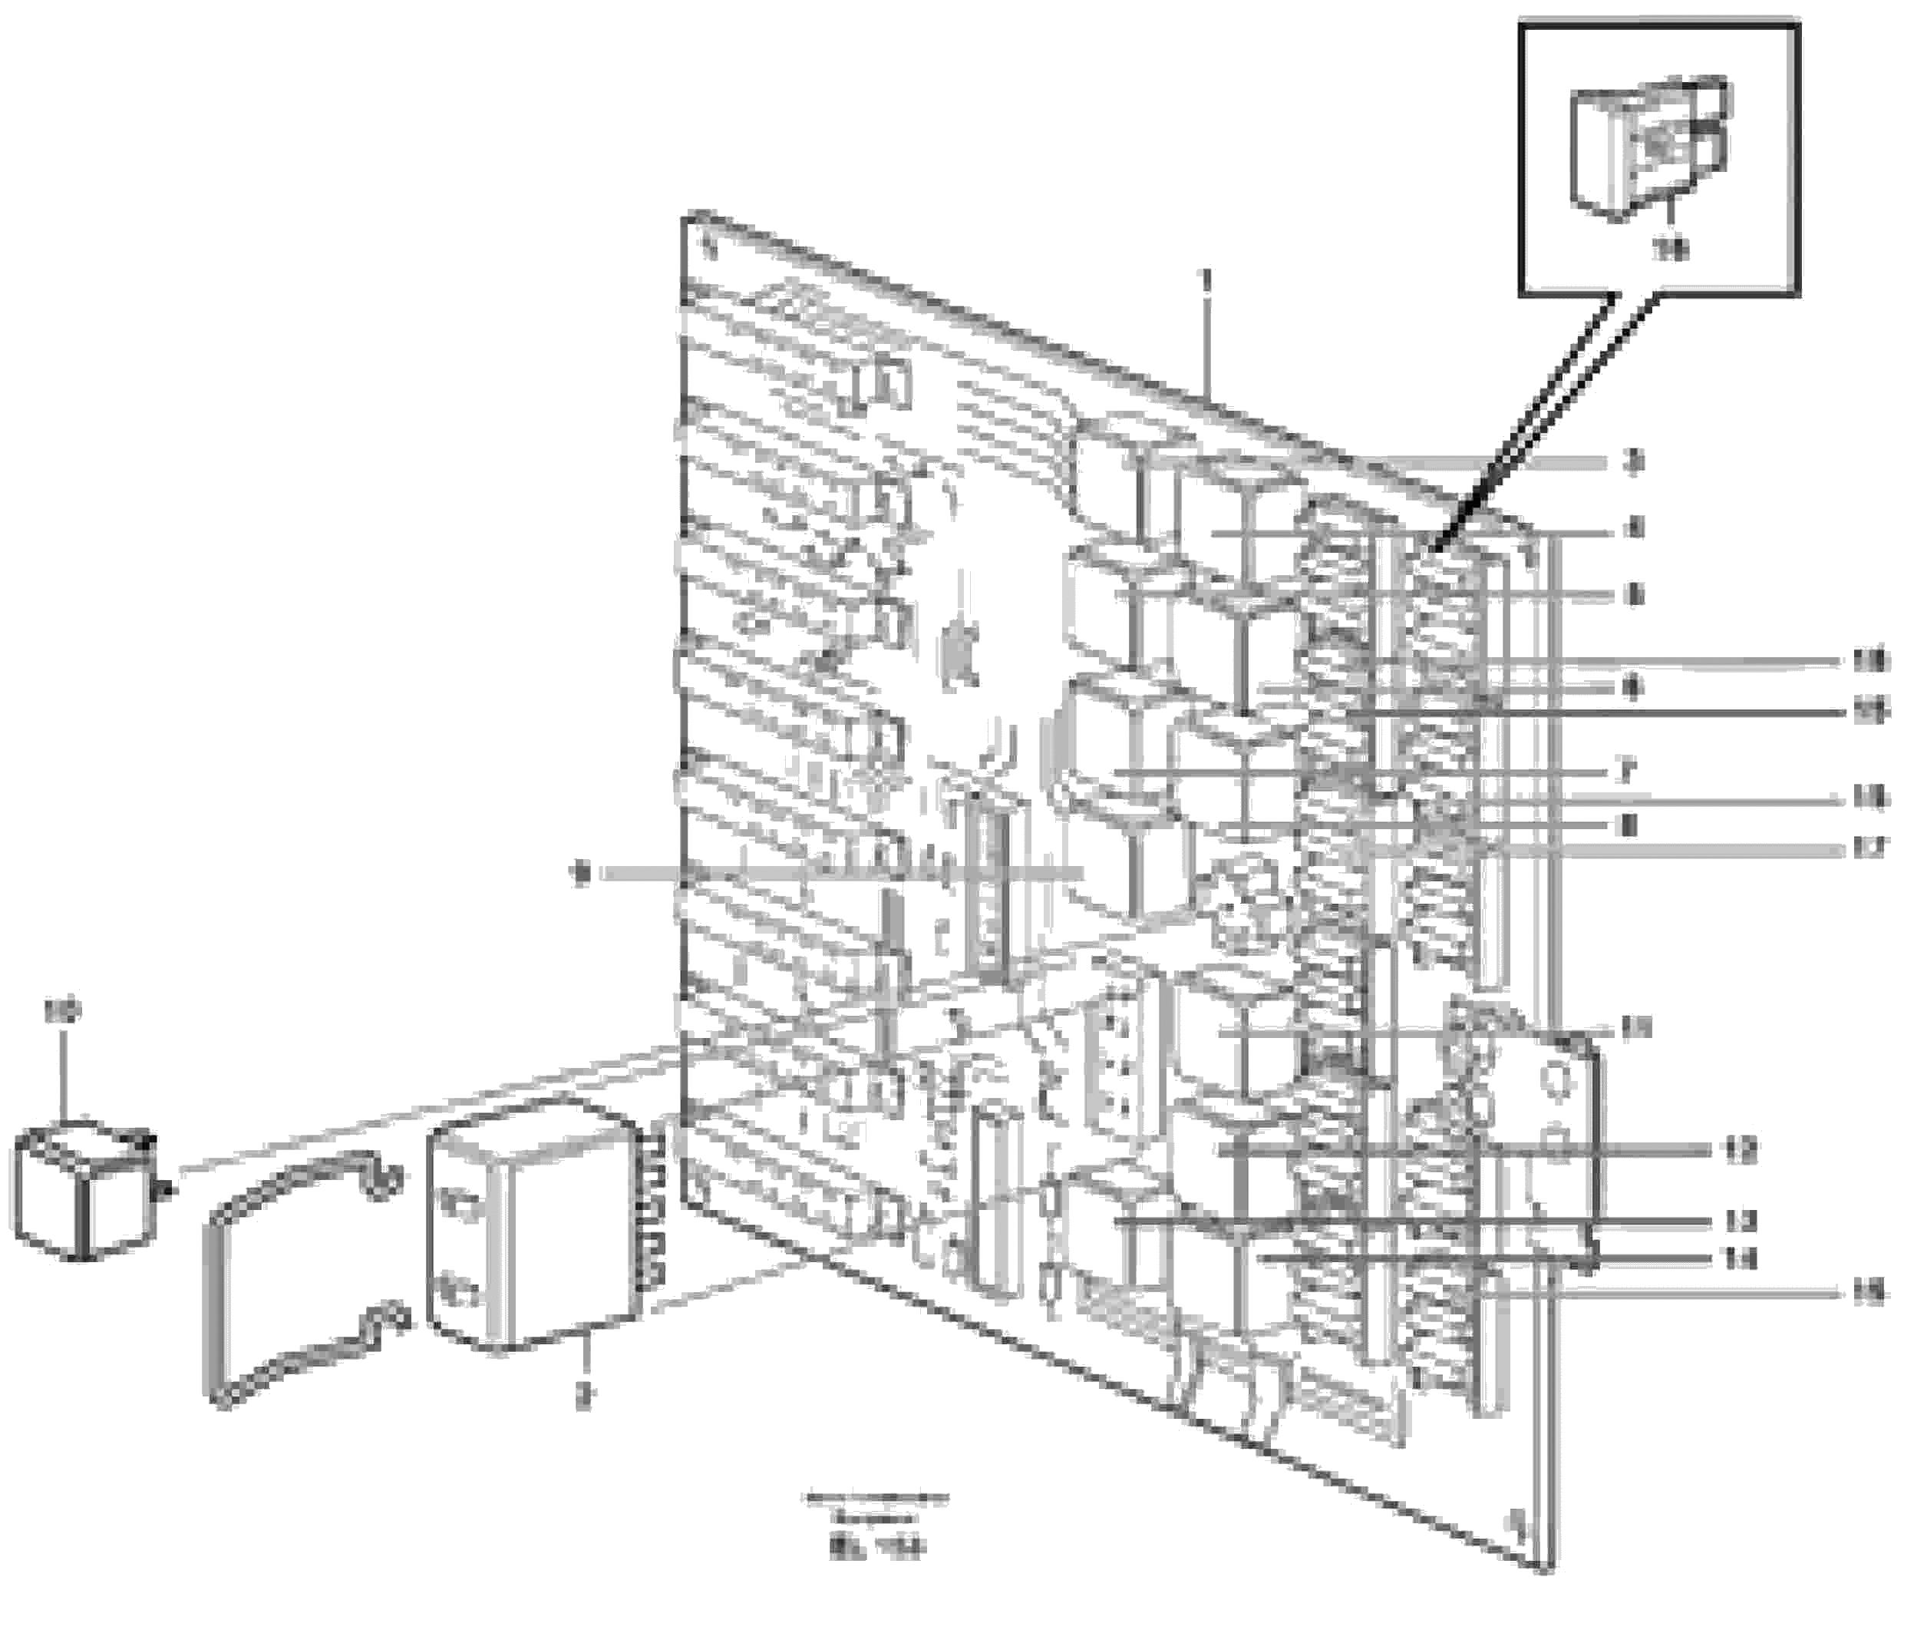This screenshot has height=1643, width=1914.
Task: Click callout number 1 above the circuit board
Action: click(x=1203, y=277)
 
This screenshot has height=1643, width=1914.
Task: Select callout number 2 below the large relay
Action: click(x=582, y=1397)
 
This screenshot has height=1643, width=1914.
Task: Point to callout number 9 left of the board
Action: click(x=580, y=872)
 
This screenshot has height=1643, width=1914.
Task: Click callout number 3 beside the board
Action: click(x=1633, y=460)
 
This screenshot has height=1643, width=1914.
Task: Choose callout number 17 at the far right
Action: click(x=1869, y=846)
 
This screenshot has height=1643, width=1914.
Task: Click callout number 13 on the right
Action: click(x=1741, y=1222)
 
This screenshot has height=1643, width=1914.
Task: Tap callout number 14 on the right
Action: click(x=1741, y=1258)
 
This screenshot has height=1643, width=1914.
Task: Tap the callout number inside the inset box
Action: click(x=1670, y=250)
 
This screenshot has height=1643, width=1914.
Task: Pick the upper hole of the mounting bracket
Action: click(x=1556, y=1077)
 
